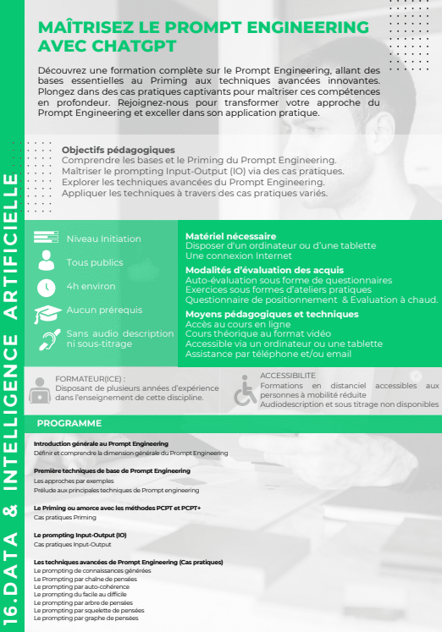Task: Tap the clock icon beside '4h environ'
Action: pos(46,287)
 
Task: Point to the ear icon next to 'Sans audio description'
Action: pos(46,341)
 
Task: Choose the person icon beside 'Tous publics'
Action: pos(46,262)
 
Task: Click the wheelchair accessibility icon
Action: pos(245,390)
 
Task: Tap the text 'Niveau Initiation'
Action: pos(104,239)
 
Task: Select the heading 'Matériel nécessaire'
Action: pos(230,236)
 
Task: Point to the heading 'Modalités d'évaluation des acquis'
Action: pos(265,270)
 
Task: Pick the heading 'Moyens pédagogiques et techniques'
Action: pos(259,314)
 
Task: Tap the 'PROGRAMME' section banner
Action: pos(69,423)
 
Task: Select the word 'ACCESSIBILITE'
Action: pos(288,375)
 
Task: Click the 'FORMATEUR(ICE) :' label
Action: pos(90,379)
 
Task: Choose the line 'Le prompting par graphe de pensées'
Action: pos(86,618)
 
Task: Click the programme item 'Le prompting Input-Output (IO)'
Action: pos(80,535)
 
